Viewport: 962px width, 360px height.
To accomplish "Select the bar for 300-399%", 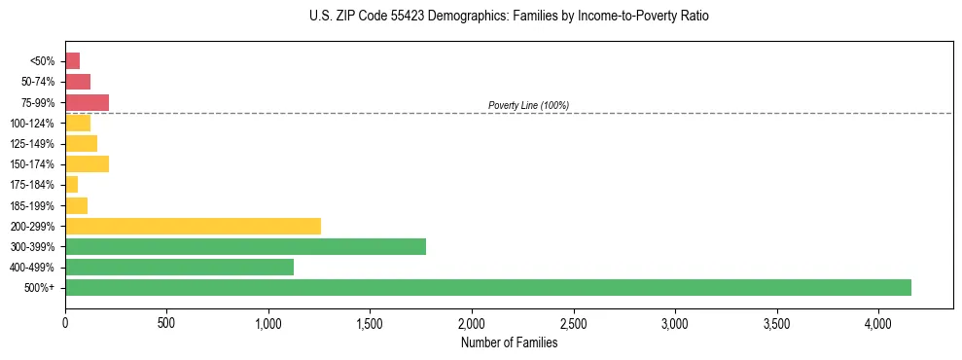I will click(245, 246).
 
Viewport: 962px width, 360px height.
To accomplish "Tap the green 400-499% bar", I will click(179, 267).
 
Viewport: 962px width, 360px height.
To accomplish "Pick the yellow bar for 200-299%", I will click(193, 226).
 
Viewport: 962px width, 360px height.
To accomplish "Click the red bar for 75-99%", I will click(87, 102).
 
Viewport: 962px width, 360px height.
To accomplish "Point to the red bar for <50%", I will click(72, 60).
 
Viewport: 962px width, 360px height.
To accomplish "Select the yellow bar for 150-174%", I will click(87, 163).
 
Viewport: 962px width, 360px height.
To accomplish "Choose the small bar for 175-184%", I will click(71, 184).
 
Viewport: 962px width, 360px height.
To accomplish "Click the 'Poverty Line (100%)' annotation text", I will click(528, 105).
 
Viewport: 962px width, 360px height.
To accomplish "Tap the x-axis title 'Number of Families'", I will click(509, 342).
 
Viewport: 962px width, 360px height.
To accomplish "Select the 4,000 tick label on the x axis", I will click(877, 322).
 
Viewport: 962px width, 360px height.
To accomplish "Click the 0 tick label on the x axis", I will click(65, 322).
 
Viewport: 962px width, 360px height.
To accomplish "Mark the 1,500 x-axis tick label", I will click(370, 322).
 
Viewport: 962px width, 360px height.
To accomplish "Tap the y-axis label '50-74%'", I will click(38, 82).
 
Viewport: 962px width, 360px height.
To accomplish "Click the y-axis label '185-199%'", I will click(34, 205).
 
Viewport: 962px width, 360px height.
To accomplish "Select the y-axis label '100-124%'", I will click(34, 123).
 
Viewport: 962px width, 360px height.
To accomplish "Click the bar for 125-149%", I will click(81, 143).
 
